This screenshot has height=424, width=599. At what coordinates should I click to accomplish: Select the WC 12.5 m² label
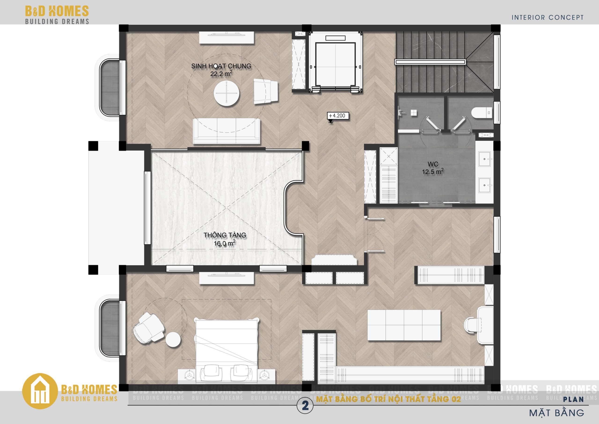(433, 168)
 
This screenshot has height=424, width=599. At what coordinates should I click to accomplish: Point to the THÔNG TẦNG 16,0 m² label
(225, 239)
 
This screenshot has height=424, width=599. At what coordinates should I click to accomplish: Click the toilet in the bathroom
(482, 113)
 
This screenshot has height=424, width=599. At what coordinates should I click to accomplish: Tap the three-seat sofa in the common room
(226, 131)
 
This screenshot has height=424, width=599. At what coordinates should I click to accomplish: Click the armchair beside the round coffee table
(266, 91)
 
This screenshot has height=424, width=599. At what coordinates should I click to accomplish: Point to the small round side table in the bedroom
(173, 339)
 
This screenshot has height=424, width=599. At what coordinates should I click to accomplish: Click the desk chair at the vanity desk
(472, 326)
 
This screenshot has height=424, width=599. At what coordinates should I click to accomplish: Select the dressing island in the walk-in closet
(404, 325)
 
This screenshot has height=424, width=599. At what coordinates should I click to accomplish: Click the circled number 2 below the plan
(305, 406)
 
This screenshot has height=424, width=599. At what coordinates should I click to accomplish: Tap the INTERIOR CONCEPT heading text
(547, 18)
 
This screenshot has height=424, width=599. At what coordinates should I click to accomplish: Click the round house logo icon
(40, 391)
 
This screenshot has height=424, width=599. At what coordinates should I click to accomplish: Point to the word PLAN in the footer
(573, 399)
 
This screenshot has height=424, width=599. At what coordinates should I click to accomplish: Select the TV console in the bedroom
(226, 278)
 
